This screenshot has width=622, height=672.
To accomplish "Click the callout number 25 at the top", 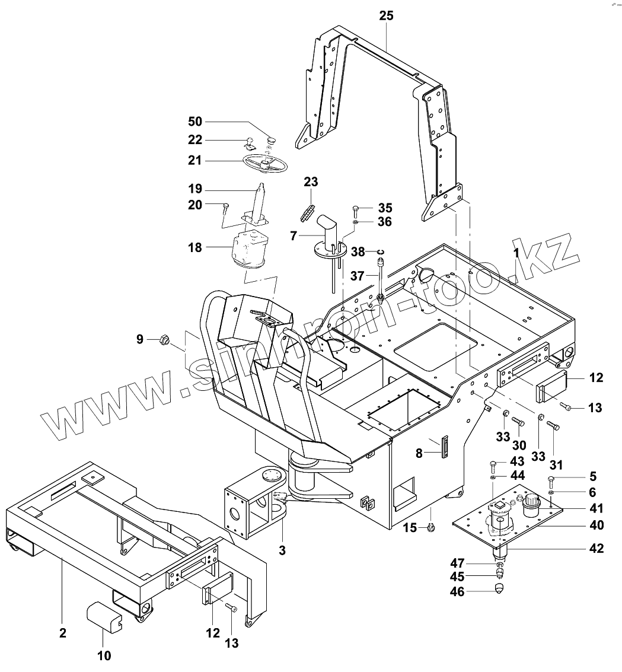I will pyautogui.click(x=386, y=16).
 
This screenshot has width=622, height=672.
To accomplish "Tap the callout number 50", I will pyautogui.click(x=195, y=122).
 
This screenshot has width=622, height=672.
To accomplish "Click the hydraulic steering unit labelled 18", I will pyautogui.click(x=247, y=250).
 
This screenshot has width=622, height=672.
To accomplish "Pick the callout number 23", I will pyautogui.click(x=311, y=181).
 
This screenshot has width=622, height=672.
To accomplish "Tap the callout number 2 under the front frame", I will pyautogui.click(x=63, y=633).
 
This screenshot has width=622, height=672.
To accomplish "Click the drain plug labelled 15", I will pyautogui.click(x=432, y=526).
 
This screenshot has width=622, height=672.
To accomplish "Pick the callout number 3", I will pyautogui.click(x=282, y=550).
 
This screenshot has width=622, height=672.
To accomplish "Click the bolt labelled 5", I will pyautogui.click(x=552, y=479).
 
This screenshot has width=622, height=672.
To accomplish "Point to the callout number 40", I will pyautogui.click(x=596, y=525).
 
